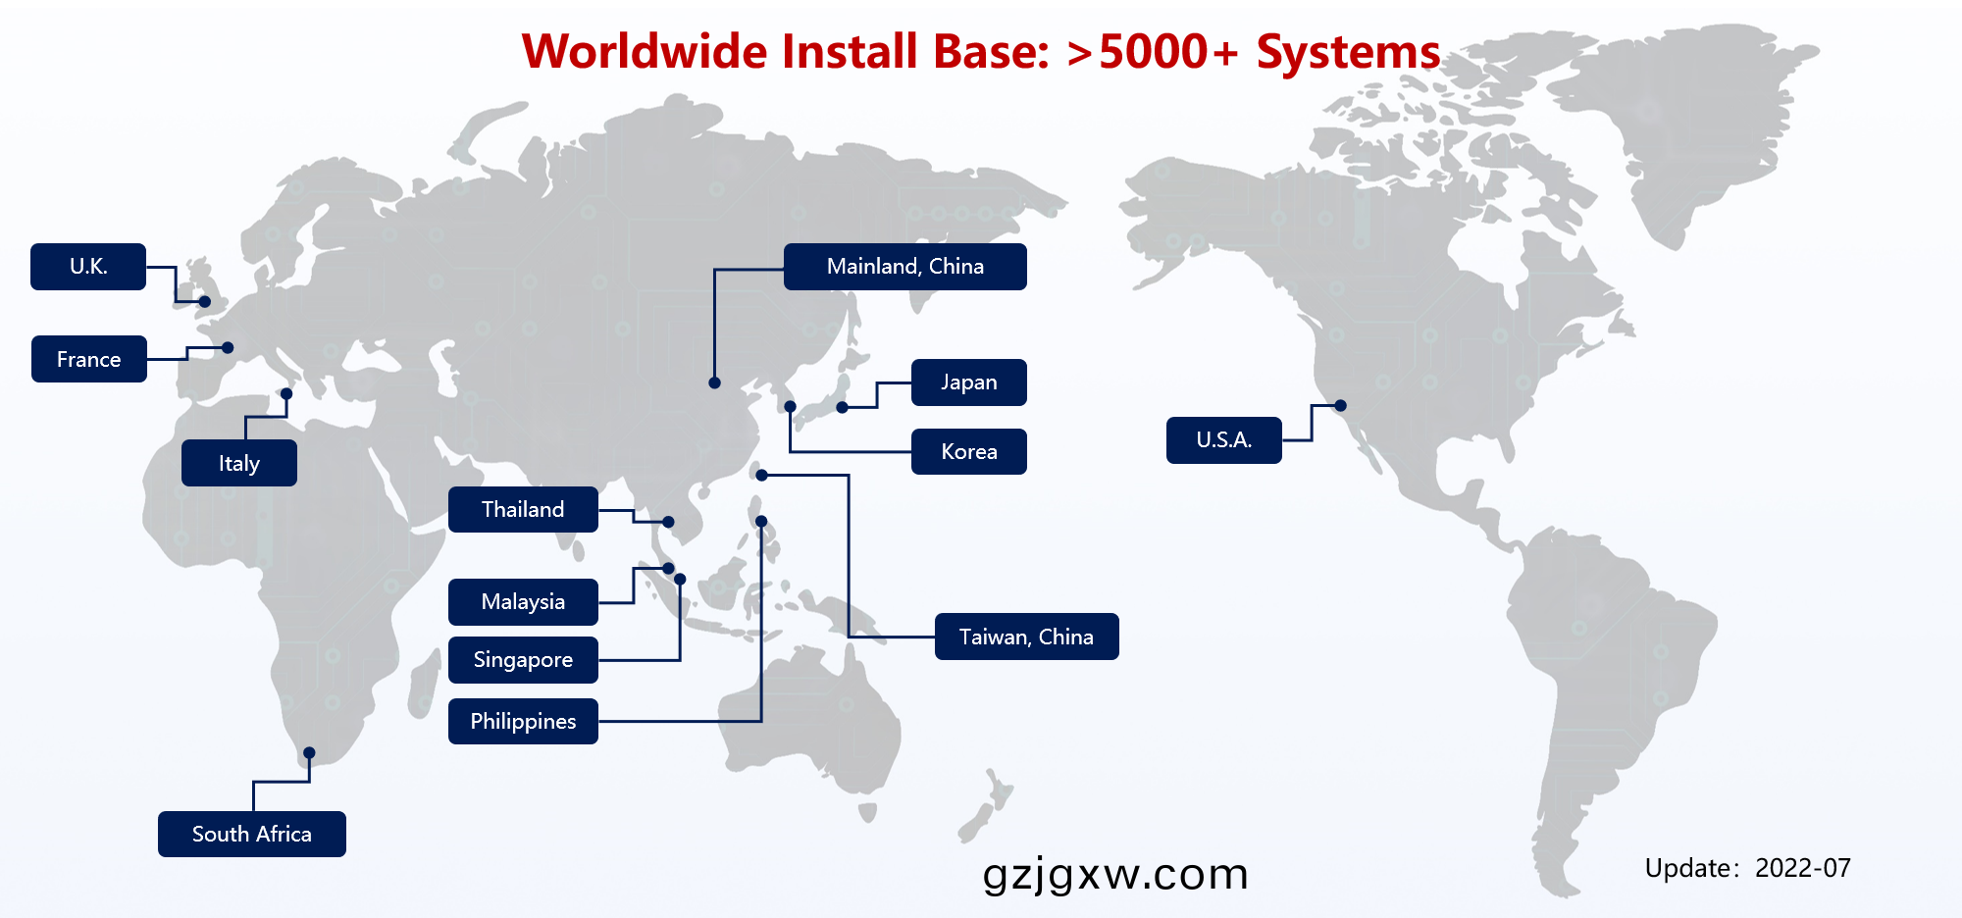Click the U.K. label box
click(x=88, y=267)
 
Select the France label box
click(x=89, y=359)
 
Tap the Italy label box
click(x=239, y=463)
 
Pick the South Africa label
click(x=252, y=834)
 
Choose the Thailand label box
click(x=523, y=510)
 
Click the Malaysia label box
click(x=523, y=602)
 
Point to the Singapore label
click(x=523, y=660)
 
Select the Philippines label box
click(x=523, y=722)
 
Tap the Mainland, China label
click(x=904, y=267)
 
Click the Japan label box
click(x=969, y=382)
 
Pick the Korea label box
click(x=969, y=452)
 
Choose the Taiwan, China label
click(x=1026, y=637)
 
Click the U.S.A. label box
click(x=1223, y=440)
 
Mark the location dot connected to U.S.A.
click(x=1340, y=405)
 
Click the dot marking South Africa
click(x=309, y=753)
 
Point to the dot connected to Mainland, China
click(x=714, y=382)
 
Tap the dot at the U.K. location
click(x=205, y=301)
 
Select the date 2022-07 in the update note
click(x=1802, y=868)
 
